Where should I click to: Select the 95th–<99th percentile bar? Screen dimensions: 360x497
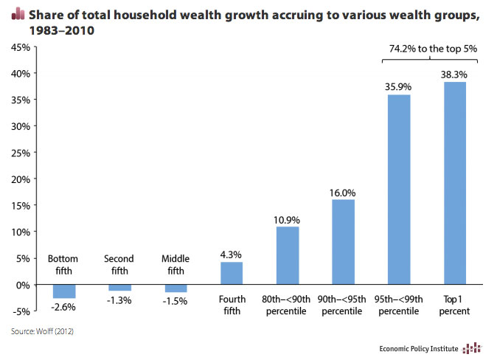tap(397, 190)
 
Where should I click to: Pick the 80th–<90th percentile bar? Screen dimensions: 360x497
tap(287, 255)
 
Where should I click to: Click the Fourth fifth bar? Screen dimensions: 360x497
tap(231, 273)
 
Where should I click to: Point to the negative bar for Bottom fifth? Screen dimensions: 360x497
tap(63, 291)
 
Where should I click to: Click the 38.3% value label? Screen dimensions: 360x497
tap(455, 75)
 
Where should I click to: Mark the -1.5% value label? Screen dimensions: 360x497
tap(175, 300)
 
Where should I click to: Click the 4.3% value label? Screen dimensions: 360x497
tap(231, 255)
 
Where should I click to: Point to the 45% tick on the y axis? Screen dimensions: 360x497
tap(20, 47)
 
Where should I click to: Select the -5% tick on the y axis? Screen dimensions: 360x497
tap(20, 311)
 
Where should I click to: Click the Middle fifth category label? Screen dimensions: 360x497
tap(175, 265)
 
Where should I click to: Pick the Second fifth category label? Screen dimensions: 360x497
tap(119, 265)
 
